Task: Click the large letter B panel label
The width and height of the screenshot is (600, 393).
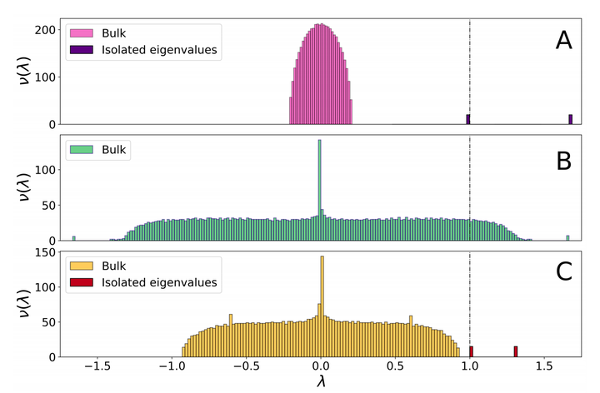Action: pos(563,159)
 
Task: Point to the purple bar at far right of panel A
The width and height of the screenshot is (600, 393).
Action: pos(571,120)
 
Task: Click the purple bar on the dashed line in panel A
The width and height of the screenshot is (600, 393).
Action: pos(468,120)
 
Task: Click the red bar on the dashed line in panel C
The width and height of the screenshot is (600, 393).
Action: pos(472,352)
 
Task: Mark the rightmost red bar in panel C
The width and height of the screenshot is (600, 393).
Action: pos(516,352)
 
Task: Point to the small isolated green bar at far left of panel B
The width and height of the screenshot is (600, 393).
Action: pos(73,238)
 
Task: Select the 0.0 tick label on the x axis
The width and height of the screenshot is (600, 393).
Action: pos(321,367)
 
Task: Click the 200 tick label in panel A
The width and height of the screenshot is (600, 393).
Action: pos(47,30)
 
